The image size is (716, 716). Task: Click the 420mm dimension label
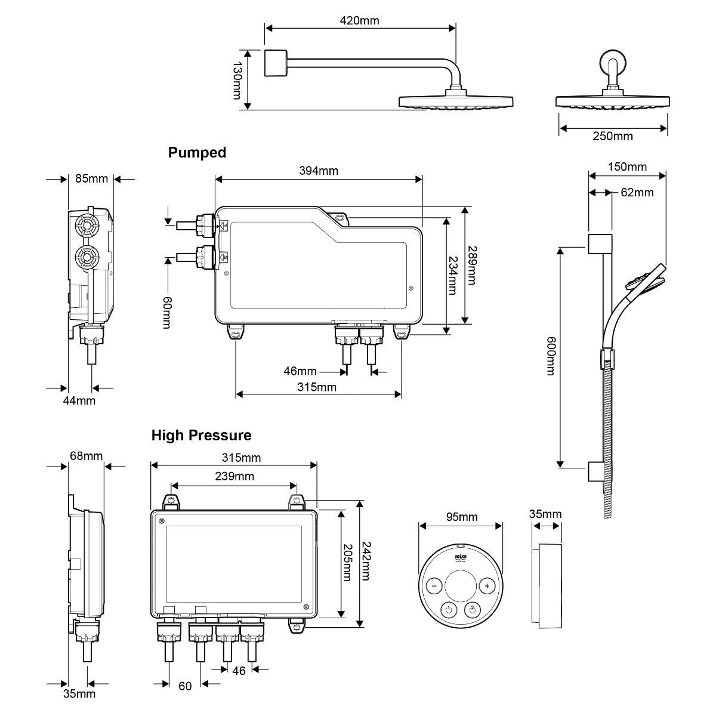point(359,21)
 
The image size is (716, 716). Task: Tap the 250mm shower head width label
point(613,136)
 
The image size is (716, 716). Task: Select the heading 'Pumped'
point(197,153)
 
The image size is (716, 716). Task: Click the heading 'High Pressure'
point(201,436)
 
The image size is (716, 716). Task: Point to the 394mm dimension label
point(318,171)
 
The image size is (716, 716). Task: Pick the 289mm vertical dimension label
point(471,266)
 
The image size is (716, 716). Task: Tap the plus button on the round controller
point(487,586)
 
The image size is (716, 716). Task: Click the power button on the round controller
point(449,609)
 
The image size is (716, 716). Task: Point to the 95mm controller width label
point(462,517)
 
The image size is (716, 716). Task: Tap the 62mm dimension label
point(637,192)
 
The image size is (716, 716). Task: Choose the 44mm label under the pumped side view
point(79,400)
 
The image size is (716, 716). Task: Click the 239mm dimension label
point(234,476)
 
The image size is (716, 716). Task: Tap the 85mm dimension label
point(92,178)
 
